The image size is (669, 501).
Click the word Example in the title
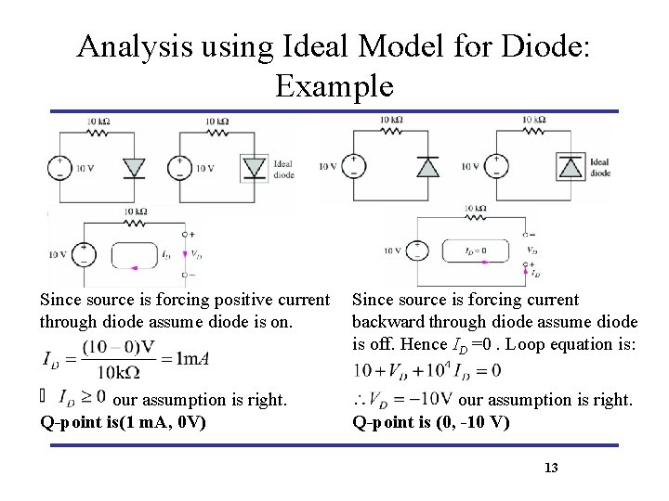point(334,86)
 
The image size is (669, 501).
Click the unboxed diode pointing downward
point(136,167)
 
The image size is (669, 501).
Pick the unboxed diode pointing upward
point(427,166)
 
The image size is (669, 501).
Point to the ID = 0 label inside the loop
point(463,250)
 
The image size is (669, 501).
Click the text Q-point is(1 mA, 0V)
point(123,422)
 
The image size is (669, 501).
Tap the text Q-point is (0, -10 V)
point(430,422)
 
